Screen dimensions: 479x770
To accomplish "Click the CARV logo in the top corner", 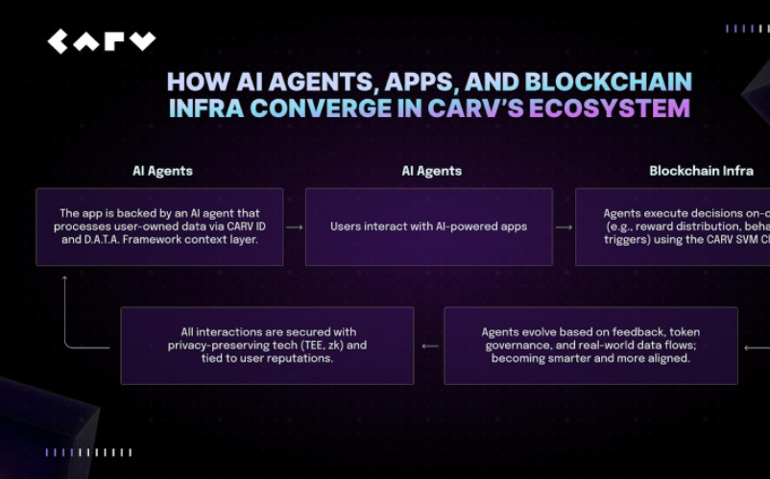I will pos(102,41).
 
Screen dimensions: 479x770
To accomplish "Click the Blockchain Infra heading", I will pos(701,171).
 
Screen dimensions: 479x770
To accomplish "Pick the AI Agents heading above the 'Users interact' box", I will pos(431,171).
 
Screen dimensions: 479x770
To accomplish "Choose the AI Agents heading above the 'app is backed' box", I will pos(162,171).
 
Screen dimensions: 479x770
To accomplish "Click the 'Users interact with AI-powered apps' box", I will pos(428,227).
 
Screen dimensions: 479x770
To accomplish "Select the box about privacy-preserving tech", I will pos(267,346).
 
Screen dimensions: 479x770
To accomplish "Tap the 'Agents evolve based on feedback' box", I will pos(590,346).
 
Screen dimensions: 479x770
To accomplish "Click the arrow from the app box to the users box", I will pos(294,228).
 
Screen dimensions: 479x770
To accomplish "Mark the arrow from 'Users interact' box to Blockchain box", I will pos(564,228).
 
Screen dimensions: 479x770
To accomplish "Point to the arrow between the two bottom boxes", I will pos(429,347).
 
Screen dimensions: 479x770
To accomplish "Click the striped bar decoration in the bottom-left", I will pos(88,452).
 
